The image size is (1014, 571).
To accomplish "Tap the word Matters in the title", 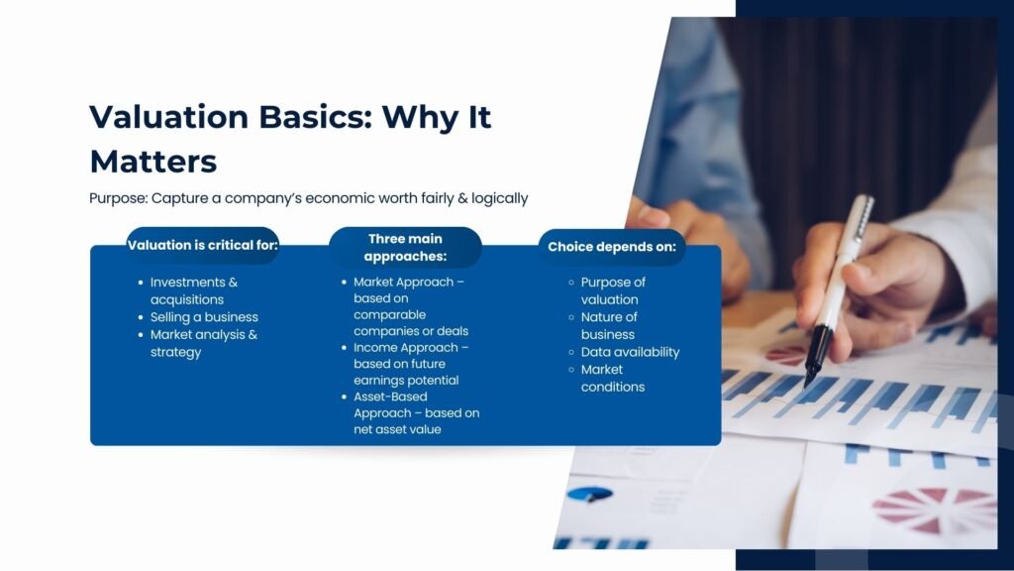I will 152,161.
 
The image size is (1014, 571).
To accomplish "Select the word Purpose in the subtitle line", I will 116,198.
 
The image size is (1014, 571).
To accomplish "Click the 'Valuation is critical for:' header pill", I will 203,245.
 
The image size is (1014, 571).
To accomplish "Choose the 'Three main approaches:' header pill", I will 405,247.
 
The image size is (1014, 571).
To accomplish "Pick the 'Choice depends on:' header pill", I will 612,247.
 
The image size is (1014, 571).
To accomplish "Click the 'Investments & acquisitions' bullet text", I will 194,290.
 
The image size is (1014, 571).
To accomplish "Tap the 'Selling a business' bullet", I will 204,317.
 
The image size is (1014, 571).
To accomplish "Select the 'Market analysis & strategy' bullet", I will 203,343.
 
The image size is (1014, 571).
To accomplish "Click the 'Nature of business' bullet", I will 608,325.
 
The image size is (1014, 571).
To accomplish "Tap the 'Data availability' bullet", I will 630,352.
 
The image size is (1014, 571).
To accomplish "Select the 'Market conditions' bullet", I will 612,378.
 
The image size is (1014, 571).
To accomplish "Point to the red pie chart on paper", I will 932,508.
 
